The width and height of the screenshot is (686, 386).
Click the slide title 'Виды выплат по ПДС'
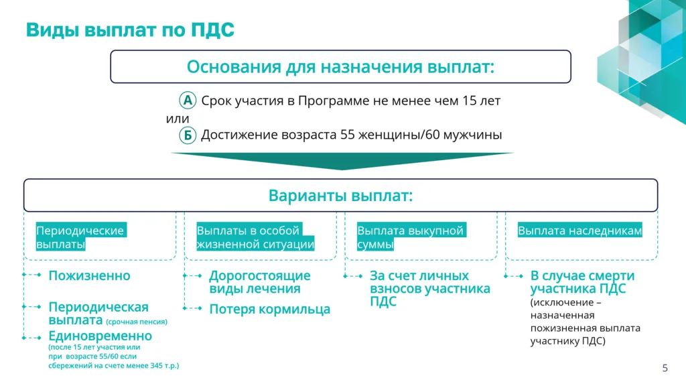pos(130,30)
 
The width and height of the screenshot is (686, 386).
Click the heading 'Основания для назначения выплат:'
pos(340,67)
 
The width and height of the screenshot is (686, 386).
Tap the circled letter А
pos(188,101)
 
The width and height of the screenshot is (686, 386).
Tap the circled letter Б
pos(188,135)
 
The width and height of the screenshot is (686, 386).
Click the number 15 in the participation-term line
pos(470,101)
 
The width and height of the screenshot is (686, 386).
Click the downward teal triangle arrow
pos(342,161)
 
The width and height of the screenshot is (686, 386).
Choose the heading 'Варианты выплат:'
pos(340,196)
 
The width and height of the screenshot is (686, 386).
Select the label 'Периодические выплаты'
pos(80,238)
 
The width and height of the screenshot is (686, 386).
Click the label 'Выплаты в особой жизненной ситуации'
pos(255,238)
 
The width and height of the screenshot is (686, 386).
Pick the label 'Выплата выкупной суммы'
pos(410,238)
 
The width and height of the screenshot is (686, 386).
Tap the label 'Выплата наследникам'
pos(579,231)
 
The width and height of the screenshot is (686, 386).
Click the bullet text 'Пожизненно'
pos(89,276)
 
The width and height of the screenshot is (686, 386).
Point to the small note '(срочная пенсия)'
pos(137,322)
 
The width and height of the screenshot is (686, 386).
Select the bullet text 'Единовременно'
pos(100,336)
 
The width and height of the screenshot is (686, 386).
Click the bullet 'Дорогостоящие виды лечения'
pos(260,283)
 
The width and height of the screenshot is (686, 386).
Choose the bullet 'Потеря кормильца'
pos(269,310)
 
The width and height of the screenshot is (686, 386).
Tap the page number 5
pos(665,367)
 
